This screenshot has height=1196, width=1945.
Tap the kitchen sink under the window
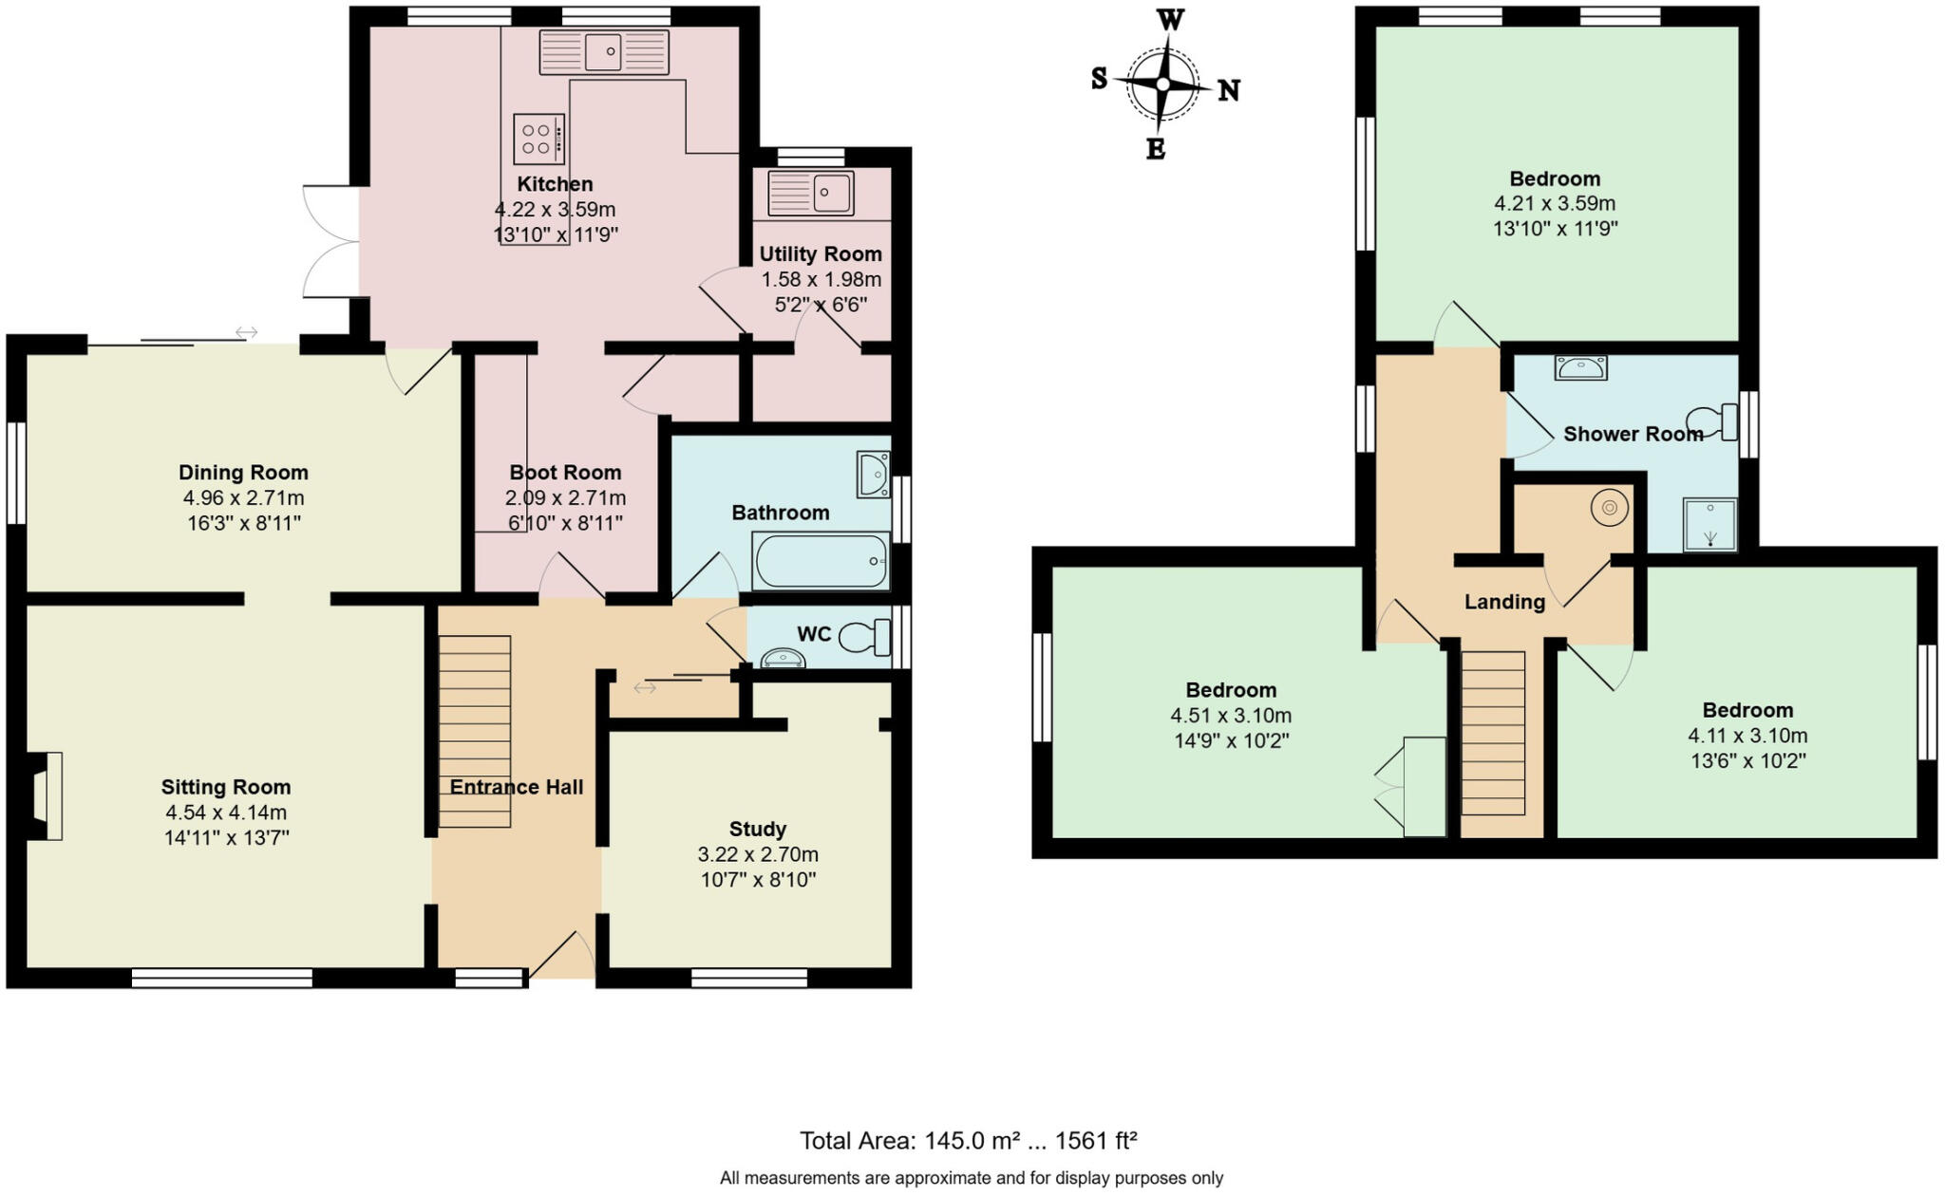(604, 51)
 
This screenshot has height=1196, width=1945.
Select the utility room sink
(811, 193)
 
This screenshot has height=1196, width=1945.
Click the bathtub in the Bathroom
(821, 561)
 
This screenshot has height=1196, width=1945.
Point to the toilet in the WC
(864, 636)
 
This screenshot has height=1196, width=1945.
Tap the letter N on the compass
(1228, 90)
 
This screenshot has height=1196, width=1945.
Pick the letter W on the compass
(1171, 19)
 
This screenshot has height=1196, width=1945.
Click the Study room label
(757, 829)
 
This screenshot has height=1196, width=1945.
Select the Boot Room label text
(565, 472)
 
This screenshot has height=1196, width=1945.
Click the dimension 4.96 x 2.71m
(243, 497)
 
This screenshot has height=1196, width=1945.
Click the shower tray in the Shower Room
(1709, 525)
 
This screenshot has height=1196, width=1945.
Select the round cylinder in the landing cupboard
(1609, 508)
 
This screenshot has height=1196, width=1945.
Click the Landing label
(1504, 602)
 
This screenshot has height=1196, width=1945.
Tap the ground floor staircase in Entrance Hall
(475, 731)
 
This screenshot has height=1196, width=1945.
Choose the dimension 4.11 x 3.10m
(1747, 736)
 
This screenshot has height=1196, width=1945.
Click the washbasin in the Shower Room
(1581, 366)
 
